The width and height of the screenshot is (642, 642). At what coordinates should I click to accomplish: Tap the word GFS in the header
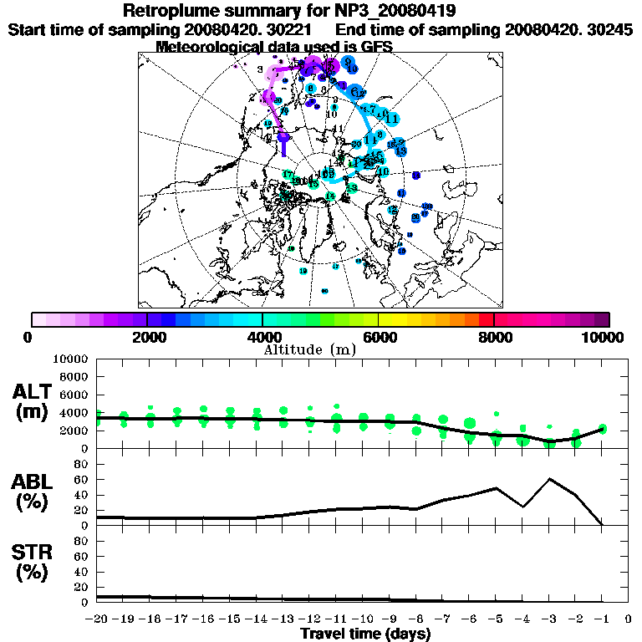(x=375, y=46)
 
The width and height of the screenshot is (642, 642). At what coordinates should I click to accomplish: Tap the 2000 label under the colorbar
(x=147, y=337)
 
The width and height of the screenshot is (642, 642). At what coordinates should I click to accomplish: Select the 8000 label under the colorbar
(x=494, y=337)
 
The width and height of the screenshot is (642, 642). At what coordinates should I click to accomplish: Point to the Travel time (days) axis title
(x=365, y=634)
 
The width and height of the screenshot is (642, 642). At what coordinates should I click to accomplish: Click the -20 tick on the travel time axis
(x=97, y=619)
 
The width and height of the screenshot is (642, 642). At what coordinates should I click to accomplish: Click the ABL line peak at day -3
(x=549, y=479)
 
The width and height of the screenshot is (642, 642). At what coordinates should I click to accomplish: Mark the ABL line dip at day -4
(x=522, y=507)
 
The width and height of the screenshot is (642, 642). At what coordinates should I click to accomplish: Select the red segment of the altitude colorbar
(x=487, y=319)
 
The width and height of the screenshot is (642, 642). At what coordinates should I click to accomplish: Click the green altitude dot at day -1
(x=602, y=429)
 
